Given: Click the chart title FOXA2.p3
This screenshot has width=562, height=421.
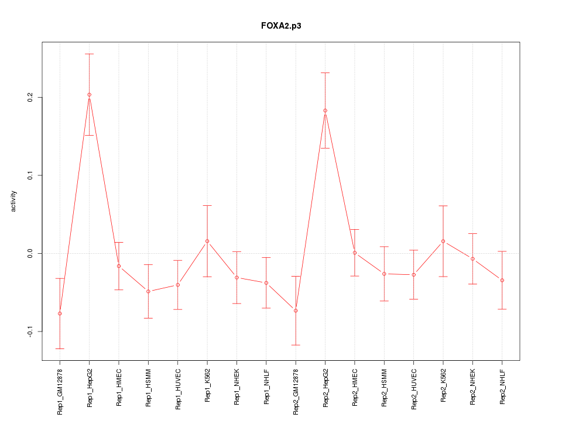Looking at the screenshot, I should tap(281, 26).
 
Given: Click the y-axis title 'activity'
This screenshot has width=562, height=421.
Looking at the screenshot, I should tap(14, 201).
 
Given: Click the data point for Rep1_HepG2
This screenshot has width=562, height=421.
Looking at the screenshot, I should tap(89, 95).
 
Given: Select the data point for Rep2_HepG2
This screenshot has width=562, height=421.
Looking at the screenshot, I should tap(325, 111).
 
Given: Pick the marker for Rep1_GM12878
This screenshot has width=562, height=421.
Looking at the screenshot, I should tap(60, 313).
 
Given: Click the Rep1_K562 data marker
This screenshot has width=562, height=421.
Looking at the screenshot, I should tap(207, 241).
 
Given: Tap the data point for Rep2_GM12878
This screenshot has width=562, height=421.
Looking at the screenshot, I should tap(296, 310).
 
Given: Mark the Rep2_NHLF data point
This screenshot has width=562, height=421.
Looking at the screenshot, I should tap(502, 280).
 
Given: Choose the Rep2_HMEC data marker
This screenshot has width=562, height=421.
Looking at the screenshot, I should tap(355, 253).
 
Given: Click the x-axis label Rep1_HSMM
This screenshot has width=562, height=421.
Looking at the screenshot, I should tap(148, 387).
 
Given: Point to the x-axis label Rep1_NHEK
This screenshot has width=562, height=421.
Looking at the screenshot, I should tap(237, 387).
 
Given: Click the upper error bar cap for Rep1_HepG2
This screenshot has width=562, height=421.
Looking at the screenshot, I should tap(89, 54).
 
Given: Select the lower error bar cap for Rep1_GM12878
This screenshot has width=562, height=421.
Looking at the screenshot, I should tap(60, 348).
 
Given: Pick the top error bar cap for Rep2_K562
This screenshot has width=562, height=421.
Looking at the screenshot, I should tap(443, 206).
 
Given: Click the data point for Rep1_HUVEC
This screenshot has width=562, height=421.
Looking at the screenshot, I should tap(177, 285).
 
